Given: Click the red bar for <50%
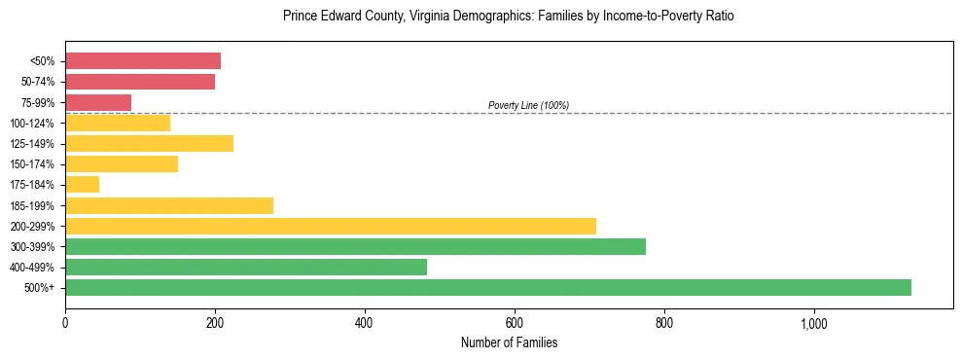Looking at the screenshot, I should [143, 61].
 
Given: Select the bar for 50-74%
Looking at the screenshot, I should [140, 82].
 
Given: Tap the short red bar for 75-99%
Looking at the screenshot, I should [98, 102].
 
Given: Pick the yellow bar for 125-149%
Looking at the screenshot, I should [149, 144].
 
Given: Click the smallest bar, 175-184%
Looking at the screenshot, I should [82, 185].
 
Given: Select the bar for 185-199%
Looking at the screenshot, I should [169, 205].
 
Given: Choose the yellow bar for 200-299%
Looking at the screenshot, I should [331, 226].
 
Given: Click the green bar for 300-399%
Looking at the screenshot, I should [355, 246].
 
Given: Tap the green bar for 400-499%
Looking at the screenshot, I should [246, 267].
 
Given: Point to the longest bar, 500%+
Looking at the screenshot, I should [488, 287].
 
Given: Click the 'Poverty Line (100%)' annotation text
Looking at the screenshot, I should [528, 105].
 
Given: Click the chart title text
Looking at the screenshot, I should [509, 17].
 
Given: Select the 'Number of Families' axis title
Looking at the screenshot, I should [509, 342].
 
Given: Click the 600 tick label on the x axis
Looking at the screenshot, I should [515, 323].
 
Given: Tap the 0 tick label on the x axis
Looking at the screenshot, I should [65, 323].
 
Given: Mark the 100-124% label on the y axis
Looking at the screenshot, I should [32, 124].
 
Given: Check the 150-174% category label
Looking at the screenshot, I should [32, 164].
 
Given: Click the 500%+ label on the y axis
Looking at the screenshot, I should [39, 288].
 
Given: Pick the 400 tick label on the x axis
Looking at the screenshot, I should [365, 323].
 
